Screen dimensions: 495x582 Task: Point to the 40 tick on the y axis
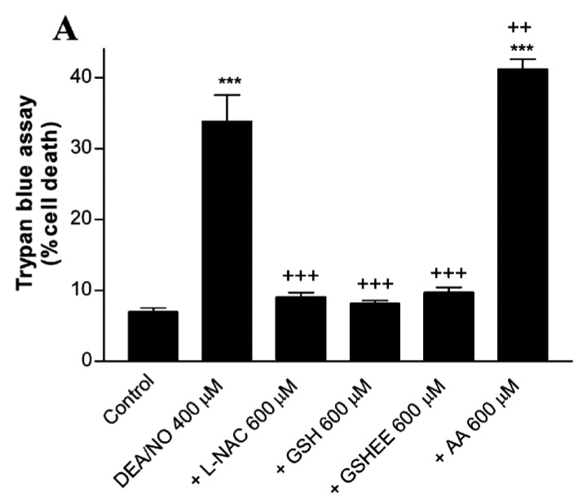click(x=96, y=78)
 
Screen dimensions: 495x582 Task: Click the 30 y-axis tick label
click(x=96, y=149)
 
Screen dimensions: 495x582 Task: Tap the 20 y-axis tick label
click(x=96, y=220)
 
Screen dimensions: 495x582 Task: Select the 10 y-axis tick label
click(x=96, y=291)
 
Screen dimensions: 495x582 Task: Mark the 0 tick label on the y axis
click(x=102, y=361)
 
